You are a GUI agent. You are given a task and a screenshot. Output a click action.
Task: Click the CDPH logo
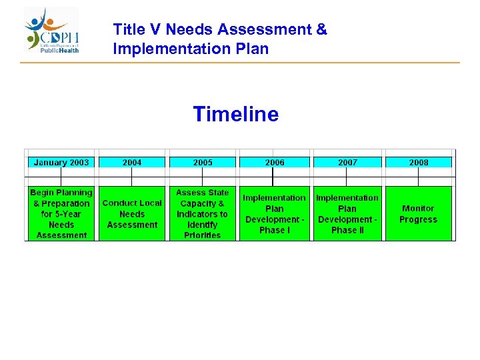pyautogui.click(x=52, y=31)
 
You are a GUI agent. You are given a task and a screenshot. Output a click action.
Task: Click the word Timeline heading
pyautogui.click(x=235, y=115)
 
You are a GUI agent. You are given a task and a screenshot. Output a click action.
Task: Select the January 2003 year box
pyautogui.click(x=61, y=162)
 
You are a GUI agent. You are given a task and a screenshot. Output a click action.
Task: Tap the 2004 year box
pyautogui.click(x=132, y=162)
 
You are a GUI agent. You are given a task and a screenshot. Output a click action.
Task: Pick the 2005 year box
pyautogui.click(x=203, y=162)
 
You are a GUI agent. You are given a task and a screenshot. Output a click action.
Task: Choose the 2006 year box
pyautogui.click(x=274, y=162)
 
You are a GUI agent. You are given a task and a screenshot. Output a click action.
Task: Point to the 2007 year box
pyautogui.click(x=347, y=162)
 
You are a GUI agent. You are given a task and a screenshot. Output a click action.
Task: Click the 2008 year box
pyautogui.click(x=419, y=162)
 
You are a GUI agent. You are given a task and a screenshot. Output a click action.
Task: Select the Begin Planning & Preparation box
pyautogui.click(x=61, y=213)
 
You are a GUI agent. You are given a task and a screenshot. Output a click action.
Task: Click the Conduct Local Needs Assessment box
pyautogui.click(x=132, y=213)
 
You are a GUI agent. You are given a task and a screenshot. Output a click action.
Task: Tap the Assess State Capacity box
pyautogui.click(x=203, y=213)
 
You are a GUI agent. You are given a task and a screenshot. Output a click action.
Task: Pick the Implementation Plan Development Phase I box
pyautogui.click(x=274, y=213)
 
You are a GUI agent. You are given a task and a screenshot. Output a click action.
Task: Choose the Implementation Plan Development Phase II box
pyautogui.click(x=347, y=213)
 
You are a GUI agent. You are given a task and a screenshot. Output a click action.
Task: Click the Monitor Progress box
pyautogui.click(x=419, y=213)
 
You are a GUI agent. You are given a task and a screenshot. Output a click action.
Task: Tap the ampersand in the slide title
pyautogui.click(x=321, y=30)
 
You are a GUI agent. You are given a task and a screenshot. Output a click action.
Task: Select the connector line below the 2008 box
pyautogui.click(x=419, y=177)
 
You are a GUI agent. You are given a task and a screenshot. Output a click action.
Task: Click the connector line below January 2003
pyautogui.click(x=61, y=177)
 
